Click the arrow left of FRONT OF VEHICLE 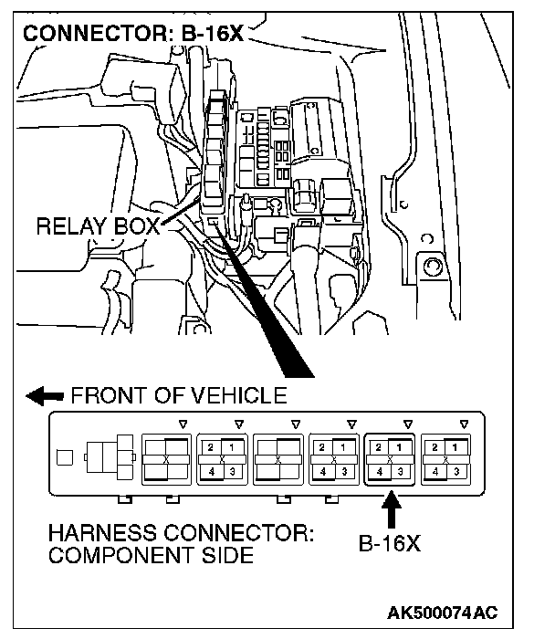coord(45,396)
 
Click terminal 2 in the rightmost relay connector coord(436,446)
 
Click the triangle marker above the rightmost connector coord(465,423)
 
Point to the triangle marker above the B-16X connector coord(408,423)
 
